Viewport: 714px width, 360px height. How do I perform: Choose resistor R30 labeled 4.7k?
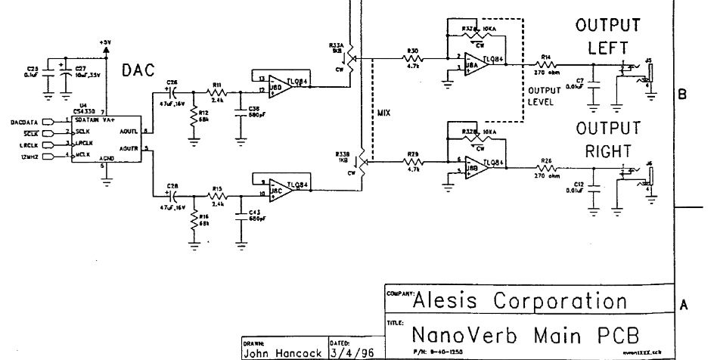pos(414,57)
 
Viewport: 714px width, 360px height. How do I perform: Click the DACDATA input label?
pos(26,120)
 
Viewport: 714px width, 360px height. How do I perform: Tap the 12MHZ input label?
pos(27,156)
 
